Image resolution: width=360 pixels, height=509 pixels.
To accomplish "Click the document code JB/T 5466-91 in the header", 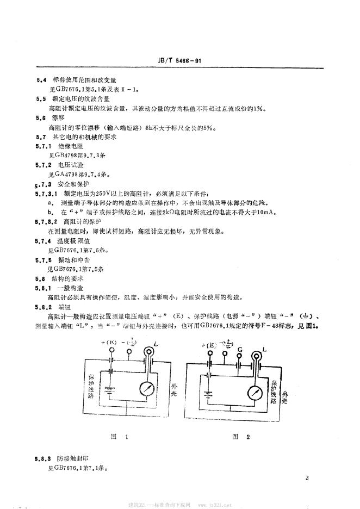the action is (180, 61).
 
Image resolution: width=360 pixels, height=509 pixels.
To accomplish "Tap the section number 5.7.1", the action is (43, 146).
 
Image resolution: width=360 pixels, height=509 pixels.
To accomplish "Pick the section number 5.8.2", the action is (43, 306).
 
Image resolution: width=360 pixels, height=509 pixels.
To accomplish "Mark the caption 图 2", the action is (240, 436).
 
